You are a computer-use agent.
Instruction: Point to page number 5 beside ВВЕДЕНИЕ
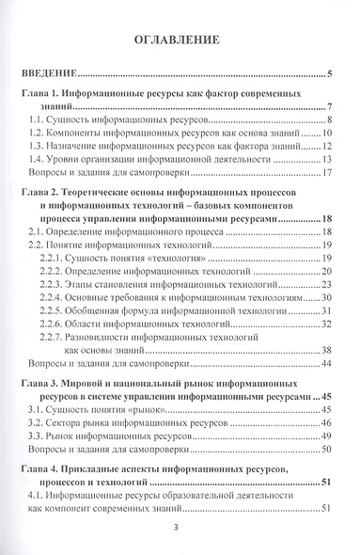tap(330, 73)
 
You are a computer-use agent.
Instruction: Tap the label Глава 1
tap(40, 96)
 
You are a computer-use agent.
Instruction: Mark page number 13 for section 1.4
tap(326, 160)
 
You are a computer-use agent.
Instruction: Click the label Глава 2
tap(40, 191)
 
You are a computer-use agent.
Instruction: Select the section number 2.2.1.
tap(53, 257)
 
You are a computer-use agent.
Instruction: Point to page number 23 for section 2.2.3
tap(326, 283)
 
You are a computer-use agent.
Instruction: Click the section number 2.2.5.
tap(53, 309)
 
